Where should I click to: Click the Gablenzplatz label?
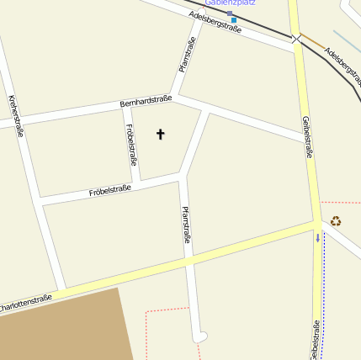pyautogui.click(x=230, y=3)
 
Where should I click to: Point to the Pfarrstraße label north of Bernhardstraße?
pyautogui.click(x=187, y=54)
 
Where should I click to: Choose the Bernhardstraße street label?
pyautogui.click(x=146, y=101)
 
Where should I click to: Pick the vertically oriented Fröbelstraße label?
pyautogui.click(x=131, y=145)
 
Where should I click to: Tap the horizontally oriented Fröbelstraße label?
pyautogui.click(x=110, y=192)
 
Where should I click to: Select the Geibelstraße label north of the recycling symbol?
pyautogui.click(x=308, y=137)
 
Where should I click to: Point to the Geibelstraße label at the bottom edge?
pyautogui.click(x=314, y=340)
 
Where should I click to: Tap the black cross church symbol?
pyautogui.click(x=160, y=134)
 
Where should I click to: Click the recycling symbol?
pyautogui.click(x=336, y=221)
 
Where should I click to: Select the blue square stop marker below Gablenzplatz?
pyautogui.click(x=234, y=19)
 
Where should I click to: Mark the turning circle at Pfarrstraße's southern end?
pyautogui.click(x=199, y=337)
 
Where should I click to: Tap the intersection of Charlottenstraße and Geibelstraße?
pyautogui.click(x=316, y=225)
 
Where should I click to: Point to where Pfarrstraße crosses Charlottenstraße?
pyautogui.click(x=189, y=261)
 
